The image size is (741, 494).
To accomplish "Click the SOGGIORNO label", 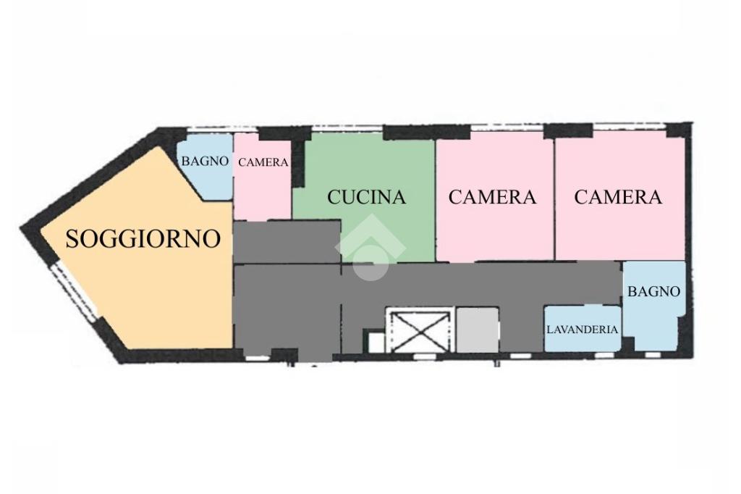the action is (143, 238).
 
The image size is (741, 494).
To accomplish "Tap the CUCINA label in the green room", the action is (367, 197).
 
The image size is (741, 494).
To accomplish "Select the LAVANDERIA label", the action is (583, 330).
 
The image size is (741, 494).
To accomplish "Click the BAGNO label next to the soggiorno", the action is (205, 161).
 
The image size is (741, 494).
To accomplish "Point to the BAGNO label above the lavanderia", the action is (653, 291).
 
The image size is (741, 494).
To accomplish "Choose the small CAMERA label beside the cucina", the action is (263, 162).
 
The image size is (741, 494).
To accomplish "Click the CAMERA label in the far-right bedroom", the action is (618, 197).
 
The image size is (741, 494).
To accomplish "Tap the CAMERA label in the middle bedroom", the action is (492, 197).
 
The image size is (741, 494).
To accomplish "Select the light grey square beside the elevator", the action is (478, 330).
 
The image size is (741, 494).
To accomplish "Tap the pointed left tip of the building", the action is (21, 230).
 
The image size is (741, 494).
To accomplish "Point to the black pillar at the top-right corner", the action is (679, 130).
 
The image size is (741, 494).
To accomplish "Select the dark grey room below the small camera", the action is (287, 241).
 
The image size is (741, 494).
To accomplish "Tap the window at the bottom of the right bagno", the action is (653, 354).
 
